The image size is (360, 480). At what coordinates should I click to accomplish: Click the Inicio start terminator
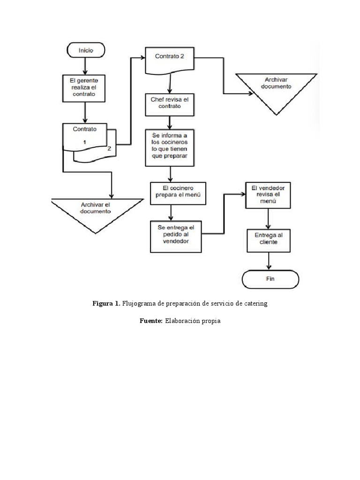(x=86, y=50)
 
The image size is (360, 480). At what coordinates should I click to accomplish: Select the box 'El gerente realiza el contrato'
(x=84, y=88)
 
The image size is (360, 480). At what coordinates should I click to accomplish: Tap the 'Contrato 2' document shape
(x=170, y=60)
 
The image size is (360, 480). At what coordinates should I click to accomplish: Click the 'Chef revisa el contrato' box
(x=170, y=105)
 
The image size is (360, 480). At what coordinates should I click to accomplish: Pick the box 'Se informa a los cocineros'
(x=170, y=148)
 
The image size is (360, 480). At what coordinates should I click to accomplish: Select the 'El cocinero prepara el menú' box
(x=178, y=194)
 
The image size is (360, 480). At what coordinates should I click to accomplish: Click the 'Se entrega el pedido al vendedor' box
(x=176, y=237)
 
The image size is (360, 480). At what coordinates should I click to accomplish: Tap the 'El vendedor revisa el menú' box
(x=268, y=195)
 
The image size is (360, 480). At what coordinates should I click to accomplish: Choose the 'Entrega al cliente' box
(x=269, y=240)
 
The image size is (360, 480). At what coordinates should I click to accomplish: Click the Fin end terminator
(x=270, y=279)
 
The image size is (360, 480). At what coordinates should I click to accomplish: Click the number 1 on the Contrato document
(x=84, y=142)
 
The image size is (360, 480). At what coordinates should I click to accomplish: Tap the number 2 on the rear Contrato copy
(x=109, y=149)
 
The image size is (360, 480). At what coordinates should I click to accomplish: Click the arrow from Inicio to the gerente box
(x=85, y=66)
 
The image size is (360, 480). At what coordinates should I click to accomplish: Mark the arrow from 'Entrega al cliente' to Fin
(x=269, y=261)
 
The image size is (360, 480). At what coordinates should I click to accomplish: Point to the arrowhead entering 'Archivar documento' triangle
(x=251, y=93)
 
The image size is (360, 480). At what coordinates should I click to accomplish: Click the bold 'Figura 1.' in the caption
(x=106, y=303)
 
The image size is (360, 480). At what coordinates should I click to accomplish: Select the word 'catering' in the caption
(x=255, y=304)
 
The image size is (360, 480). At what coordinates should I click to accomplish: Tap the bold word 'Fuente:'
(x=151, y=321)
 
